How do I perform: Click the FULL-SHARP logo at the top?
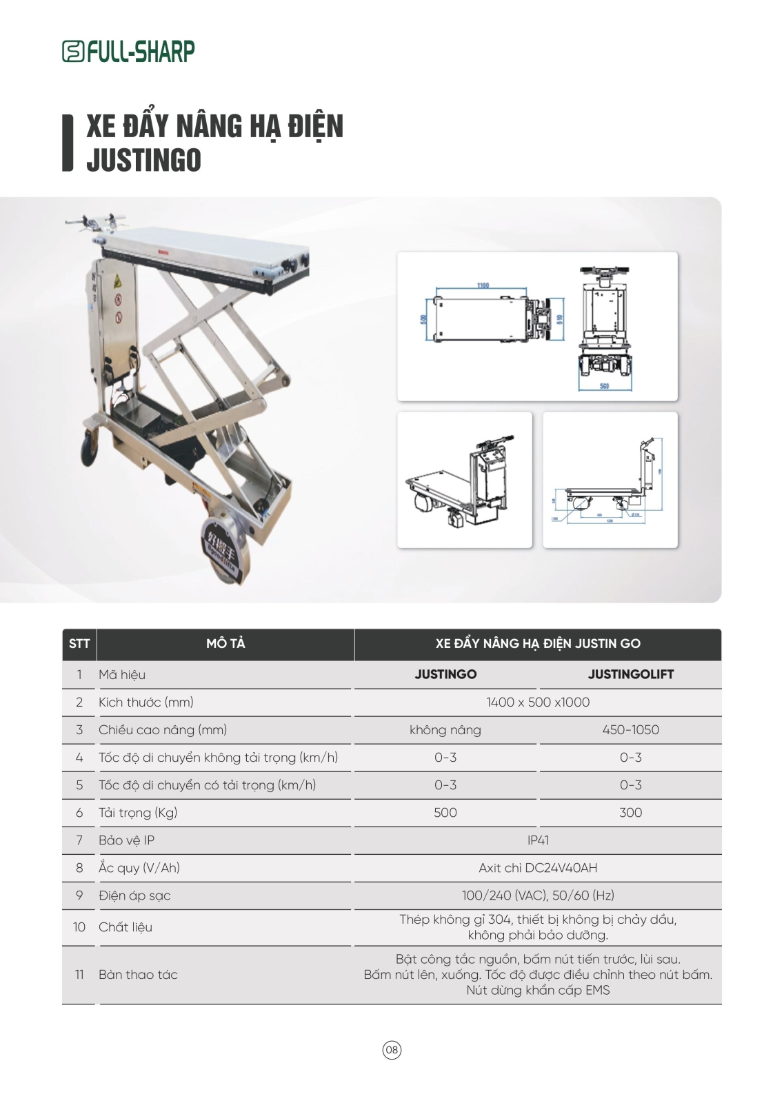click(x=128, y=51)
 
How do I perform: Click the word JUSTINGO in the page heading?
click(x=143, y=160)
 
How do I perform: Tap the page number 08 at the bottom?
click(x=392, y=1050)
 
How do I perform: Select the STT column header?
click(x=79, y=644)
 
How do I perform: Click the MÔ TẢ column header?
click(x=225, y=644)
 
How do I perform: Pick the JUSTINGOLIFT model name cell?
click(x=630, y=674)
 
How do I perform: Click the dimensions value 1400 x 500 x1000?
click(x=538, y=702)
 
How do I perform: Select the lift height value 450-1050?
click(x=630, y=729)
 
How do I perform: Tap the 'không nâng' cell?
click(x=445, y=729)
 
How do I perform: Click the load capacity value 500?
click(x=445, y=812)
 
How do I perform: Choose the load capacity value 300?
click(x=630, y=812)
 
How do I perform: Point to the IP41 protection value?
click(x=538, y=840)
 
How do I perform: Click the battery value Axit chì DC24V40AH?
click(x=538, y=867)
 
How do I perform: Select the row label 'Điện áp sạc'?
click(x=134, y=895)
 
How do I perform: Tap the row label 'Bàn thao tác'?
click(x=138, y=974)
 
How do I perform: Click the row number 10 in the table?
click(x=79, y=927)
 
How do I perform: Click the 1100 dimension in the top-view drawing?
click(x=483, y=285)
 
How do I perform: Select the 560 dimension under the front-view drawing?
click(x=604, y=386)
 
